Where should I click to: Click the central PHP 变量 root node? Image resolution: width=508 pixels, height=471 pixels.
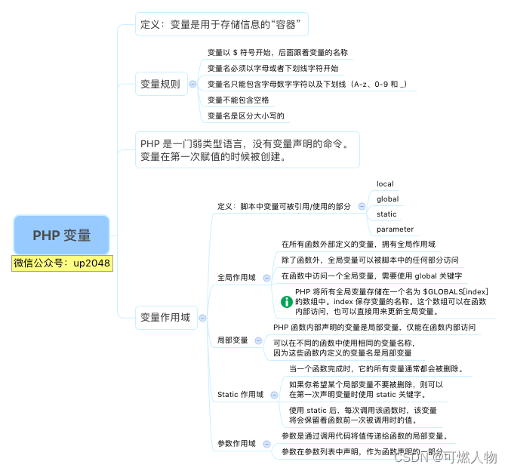62,235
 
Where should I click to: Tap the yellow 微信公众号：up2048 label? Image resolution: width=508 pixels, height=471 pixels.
63,263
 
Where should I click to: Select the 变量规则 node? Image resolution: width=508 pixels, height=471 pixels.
160,85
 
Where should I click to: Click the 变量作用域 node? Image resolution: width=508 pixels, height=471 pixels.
165,317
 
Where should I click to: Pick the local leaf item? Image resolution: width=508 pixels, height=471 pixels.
385,183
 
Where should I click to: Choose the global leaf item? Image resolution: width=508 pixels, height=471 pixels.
387,199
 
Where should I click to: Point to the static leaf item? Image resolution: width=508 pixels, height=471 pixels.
386,214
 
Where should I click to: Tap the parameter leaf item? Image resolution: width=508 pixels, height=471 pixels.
395,229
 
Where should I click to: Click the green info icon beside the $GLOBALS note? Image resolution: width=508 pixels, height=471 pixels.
287,301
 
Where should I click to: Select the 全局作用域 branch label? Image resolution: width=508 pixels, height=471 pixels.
236,277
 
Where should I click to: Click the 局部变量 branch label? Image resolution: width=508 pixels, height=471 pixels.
232,340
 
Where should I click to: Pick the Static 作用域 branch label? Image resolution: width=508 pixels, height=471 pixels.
240,394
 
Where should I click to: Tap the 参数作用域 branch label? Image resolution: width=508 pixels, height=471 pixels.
236,443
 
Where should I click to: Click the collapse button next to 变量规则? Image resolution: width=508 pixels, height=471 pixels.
193,85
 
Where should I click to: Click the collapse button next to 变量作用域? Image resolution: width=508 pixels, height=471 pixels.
203,318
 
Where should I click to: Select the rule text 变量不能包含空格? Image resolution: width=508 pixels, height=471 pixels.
238,100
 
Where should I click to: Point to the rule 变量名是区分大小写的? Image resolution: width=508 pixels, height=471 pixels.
245,115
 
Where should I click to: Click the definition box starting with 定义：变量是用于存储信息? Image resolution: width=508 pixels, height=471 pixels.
222,24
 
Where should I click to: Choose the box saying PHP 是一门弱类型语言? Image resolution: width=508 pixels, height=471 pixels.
246,149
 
